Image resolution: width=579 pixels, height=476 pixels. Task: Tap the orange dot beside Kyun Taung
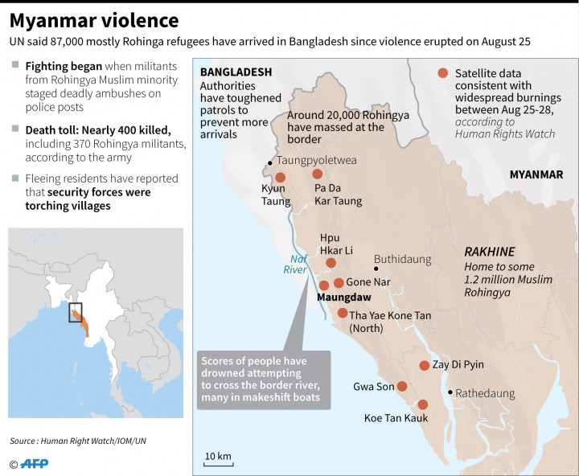pos(280,178)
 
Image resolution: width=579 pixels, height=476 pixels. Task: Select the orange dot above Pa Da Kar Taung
pos(317,174)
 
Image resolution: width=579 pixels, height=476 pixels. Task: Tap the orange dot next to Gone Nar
pos(339,283)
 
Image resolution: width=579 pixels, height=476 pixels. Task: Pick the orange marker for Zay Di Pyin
pos(425,365)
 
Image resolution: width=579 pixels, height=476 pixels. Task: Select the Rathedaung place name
pos(487,394)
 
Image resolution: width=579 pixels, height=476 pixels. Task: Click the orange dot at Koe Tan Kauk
pos(423,404)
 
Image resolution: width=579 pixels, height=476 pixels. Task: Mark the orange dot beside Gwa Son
pos(402,386)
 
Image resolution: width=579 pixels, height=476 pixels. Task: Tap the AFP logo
pos(33,463)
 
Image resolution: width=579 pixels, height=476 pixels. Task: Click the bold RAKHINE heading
pos(489,252)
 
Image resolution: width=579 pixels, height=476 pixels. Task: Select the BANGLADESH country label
pos(236,72)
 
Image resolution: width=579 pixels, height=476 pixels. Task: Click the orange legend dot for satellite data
pos(442,73)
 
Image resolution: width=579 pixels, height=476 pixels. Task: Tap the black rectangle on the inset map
pos(75,313)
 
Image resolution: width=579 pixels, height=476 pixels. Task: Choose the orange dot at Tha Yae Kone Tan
pos(343,314)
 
